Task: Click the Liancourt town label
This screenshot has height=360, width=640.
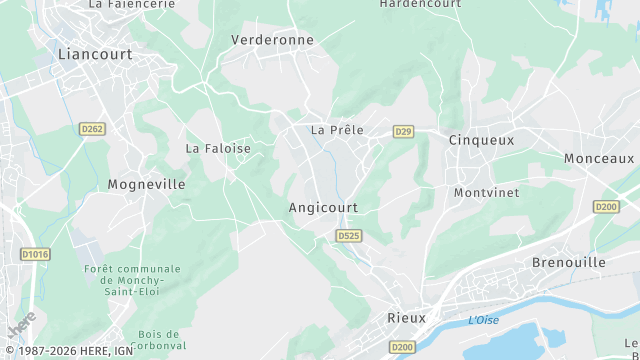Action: coord(95,54)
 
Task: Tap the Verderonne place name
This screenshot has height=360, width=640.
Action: coord(272,40)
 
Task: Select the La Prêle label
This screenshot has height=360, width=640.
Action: coord(337,130)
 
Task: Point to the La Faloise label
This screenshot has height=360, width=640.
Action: coord(218,148)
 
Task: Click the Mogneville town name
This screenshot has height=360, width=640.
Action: coord(146,184)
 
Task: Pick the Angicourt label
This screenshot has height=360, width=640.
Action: coord(323,208)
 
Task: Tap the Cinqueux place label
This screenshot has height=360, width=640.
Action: coord(481,140)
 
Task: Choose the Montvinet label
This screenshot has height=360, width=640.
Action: coord(484,192)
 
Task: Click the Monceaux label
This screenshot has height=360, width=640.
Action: coord(599,158)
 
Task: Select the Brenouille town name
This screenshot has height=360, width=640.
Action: coord(569,261)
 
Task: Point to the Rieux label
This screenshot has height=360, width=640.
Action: coord(406,318)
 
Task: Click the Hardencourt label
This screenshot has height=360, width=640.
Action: coord(421,4)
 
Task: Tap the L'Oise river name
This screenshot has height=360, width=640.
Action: coord(484,320)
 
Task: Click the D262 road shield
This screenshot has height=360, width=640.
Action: coord(92,129)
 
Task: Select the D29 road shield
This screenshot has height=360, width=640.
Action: coord(403,131)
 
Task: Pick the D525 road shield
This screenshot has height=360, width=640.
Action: coord(348,236)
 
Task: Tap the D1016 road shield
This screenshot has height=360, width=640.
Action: coord(35,255)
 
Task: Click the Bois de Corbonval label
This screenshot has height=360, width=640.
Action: coord(158,339)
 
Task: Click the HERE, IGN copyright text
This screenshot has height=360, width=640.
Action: coord(67,351)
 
